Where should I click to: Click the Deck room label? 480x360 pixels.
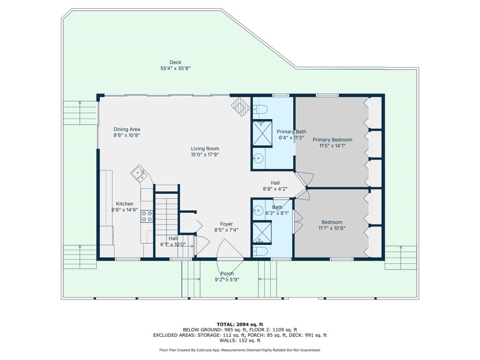click(x=175, y=62)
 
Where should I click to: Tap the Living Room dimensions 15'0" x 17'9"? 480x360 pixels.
click(x=205, y=155)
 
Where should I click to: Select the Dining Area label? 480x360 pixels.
click(x=127, y=129)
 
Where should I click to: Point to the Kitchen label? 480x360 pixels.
click(x=125, y=204)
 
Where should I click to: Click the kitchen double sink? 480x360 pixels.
click(x=139, y=174)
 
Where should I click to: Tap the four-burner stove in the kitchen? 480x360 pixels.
click(x=147, y=217)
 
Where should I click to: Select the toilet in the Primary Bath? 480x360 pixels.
click(x=261, y=109)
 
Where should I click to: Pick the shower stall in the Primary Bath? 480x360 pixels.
click(x=262, y=133)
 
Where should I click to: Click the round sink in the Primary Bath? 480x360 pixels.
click(x=259, y=158)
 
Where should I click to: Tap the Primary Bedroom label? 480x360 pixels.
click(x=332, y=140)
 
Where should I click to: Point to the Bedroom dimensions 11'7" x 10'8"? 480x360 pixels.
click(x=332, y=228)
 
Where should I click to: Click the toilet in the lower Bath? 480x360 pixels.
click(x=261, y=251)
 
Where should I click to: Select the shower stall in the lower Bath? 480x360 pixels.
click(x=262, y=232)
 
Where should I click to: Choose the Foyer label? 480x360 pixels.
click(x=226, y=224)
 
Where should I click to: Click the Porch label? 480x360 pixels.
click(x=227, y=274)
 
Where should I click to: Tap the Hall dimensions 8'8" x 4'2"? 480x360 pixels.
click(x=275, y=189)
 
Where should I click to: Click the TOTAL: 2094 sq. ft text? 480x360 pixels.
click(x=240, y=324)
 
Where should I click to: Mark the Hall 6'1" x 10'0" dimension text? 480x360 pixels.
click(x=173, y=245)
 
